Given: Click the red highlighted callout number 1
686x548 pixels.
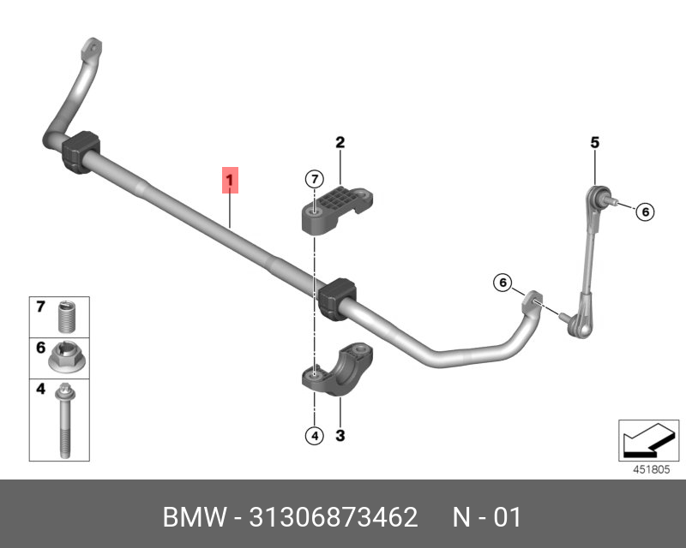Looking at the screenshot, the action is click(x=230, y=180).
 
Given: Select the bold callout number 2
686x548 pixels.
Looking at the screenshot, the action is click(x=340, y=142).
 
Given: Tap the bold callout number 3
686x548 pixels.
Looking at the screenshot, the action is click(x=340, y=435).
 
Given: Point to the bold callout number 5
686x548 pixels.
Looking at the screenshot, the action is click(x=594, y=142).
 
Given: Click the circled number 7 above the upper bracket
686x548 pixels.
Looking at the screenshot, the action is click(x=314, y=179).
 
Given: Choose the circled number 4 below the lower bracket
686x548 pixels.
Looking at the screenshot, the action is click(x=314, y=436).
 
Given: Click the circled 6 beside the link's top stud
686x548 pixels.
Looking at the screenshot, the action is click(x=645, y=212).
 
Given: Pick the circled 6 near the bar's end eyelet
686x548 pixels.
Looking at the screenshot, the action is click(x=502, y=283).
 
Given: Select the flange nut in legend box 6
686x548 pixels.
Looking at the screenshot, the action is click(x=67, y=356).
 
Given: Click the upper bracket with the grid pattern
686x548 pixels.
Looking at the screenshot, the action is click(x=337, y=209).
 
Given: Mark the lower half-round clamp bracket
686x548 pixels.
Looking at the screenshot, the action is click(x=337, y=369).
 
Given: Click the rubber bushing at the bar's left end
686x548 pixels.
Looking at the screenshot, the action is click(x=81, y=152).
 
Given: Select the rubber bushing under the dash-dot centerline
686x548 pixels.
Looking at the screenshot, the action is click(x=337, y=299).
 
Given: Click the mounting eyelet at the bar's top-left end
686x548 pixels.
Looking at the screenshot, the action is click(x=92, y=48).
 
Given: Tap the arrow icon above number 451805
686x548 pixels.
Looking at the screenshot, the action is click(x=648, y=440).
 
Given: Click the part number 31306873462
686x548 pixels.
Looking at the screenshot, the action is click(x=334, y=517).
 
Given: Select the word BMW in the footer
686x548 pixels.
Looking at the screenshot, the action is click(x=195, y=517).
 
